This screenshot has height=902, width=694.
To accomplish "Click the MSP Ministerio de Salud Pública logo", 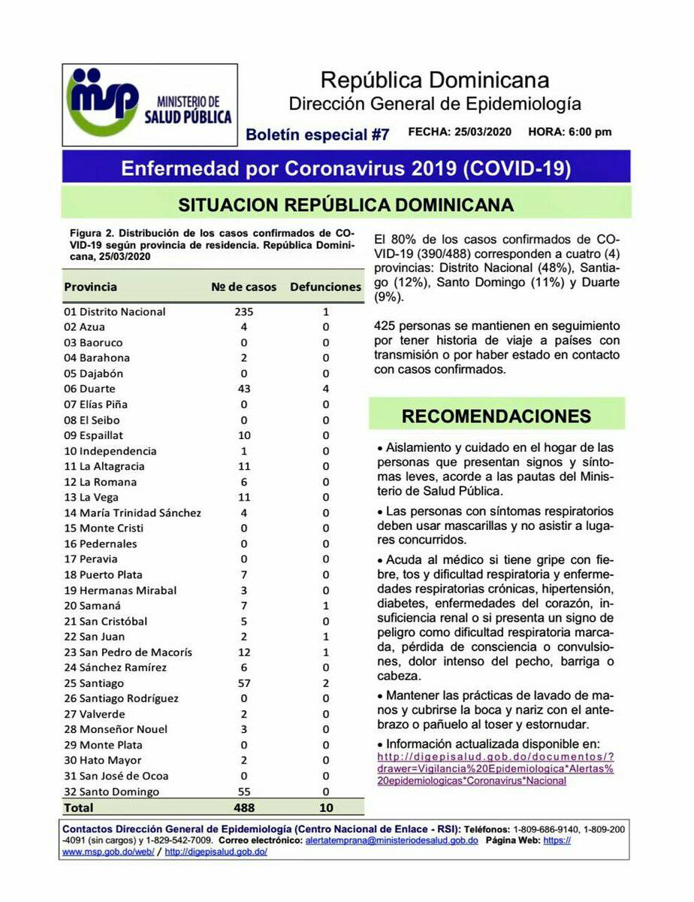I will pos(149,104).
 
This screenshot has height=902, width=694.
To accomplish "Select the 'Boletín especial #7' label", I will pos(318,135).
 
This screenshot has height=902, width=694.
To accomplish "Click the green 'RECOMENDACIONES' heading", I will pos(496,416).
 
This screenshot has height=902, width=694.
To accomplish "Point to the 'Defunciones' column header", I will pos(325,287).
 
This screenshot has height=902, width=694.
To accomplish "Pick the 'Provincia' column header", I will pos(91,287).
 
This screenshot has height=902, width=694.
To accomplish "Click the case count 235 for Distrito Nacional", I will pos(244,311).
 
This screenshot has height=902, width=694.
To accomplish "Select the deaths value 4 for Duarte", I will pos(325,389).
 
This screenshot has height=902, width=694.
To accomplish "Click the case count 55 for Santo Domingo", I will pos(244,792).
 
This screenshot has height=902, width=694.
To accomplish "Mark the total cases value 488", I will pos(244,808).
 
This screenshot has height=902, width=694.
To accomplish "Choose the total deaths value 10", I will pos(325,808).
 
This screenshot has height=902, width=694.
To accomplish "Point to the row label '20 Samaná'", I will pos(92,606).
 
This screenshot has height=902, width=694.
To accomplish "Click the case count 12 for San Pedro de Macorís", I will pos(244,652).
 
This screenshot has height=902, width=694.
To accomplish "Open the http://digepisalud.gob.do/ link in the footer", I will pos(216,852).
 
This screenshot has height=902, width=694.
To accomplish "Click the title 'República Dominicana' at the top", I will pos(434,80).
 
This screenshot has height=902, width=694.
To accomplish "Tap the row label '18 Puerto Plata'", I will pos(99,575).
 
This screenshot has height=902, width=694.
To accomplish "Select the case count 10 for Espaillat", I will pos(244,435).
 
